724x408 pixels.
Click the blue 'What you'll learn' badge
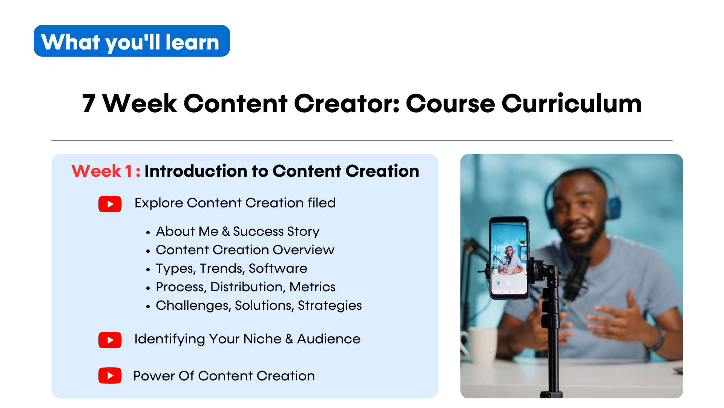(x=132, y=41)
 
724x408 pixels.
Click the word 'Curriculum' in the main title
(x=571, y=103)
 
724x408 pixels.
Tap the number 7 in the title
(x=89, y=104)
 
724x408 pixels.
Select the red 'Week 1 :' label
(x=106, y=171)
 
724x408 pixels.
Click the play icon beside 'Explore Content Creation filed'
(x=110, y=204)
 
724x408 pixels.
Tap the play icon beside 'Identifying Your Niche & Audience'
(x=110, y=340)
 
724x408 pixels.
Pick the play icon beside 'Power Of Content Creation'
(x=110, y=376)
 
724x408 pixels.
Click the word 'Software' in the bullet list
(x=278, y=268)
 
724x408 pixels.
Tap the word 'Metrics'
(x=312, y=287)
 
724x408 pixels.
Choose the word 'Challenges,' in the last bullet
(x=193, y=305)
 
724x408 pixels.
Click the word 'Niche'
(x=262, y=339)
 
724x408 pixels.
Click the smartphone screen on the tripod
(x=509, y=258)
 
